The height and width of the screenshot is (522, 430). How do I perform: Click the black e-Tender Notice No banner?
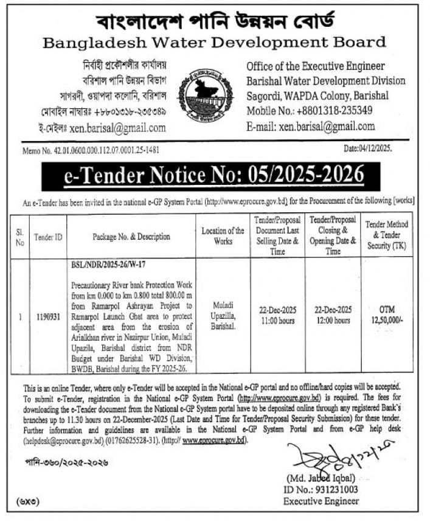pyautogui.click(x=214, y=176)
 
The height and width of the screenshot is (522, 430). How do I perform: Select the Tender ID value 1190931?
pyautogui.click(x=43, y=316)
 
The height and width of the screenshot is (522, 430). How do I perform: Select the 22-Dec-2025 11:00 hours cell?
pyautogui.click(x=277, y=316)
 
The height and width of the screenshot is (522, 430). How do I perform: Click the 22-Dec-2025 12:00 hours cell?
pyautogui.click(x=333, y=316)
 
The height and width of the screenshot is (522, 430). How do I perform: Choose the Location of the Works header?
pyautogui.click(x=223, y=237)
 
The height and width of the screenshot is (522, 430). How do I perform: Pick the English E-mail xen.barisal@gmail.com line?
pyautogui.click(x=310, y=127)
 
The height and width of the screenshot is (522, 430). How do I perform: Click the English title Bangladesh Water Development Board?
pyautogui.click(x=215, y=43)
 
